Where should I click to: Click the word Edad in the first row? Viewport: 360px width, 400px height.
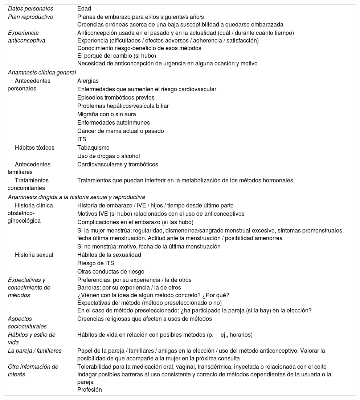point(84,8)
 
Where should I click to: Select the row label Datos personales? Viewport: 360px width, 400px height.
point(30,8)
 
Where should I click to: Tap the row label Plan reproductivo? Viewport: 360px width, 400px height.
point(30,17)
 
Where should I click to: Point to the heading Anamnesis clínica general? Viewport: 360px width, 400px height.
point(42,72)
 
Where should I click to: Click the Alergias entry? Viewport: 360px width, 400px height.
point(88,81)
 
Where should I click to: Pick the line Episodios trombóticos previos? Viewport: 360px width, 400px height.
point(116,97)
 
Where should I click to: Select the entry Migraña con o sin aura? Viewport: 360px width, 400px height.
point(107,114)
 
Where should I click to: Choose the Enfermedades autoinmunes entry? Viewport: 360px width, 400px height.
point(114,122)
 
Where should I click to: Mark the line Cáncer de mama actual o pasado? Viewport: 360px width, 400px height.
point(120,131)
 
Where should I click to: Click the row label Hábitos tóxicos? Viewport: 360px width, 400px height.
point(34,148)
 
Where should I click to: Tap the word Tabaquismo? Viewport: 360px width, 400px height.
point(93,148)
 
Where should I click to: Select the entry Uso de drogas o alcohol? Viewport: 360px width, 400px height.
point(109,156)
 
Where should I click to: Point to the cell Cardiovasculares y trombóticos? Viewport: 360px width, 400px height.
point(118,164)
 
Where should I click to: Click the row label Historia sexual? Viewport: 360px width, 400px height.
point(34,255)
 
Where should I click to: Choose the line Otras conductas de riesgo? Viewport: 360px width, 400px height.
point(111,271)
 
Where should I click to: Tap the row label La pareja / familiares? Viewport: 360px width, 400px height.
point(35,351)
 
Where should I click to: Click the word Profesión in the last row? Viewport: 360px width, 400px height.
point(90,389)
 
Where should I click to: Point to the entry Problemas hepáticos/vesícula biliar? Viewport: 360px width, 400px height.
point(123,106)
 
